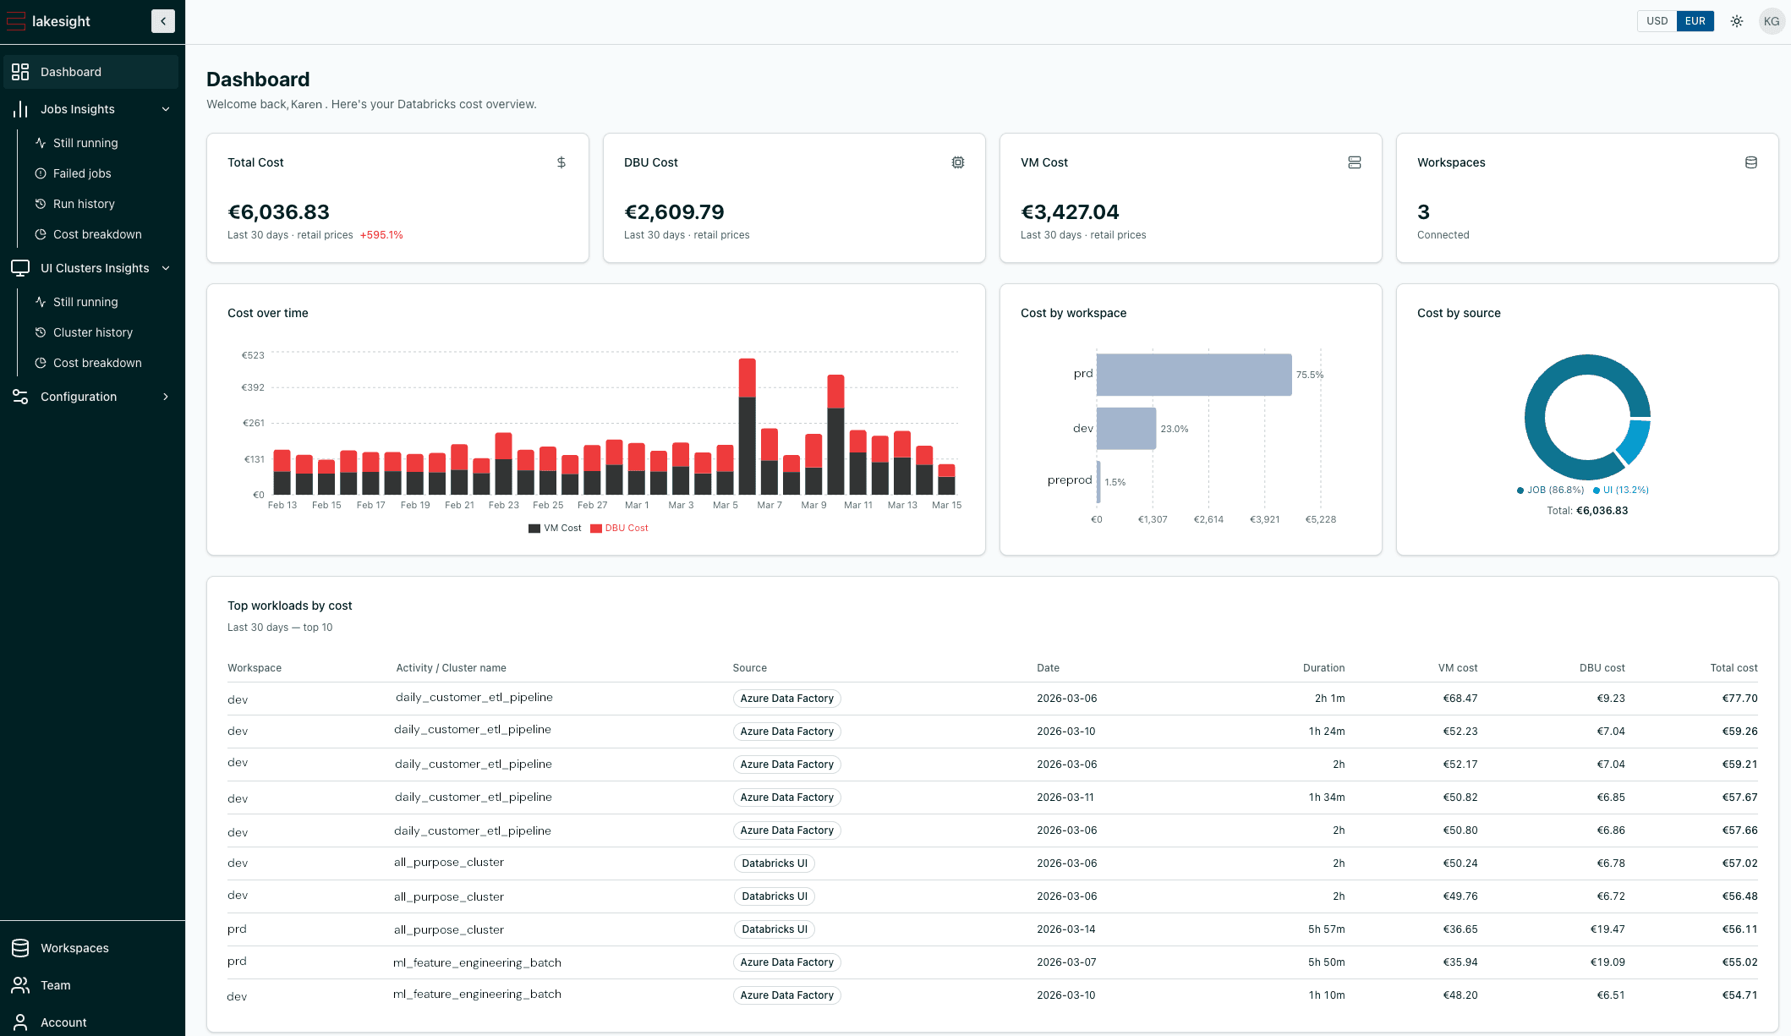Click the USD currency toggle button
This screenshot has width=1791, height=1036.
click(1657, 21)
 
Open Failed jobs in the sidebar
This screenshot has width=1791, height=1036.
click(82, 173)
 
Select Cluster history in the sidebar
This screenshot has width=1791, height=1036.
click(92, 332)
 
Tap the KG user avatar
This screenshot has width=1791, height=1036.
click(1772, 21)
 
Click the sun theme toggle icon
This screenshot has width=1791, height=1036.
click(1737, 21)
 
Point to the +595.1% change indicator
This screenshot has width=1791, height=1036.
click(381, 235)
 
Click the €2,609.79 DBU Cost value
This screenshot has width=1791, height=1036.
click(674, 212)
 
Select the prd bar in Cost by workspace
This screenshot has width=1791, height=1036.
click(1193, 375)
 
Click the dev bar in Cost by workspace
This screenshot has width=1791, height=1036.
click(1126, 429)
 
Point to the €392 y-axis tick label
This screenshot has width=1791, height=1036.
click(253, 387)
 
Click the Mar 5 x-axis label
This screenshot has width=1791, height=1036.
click(726, 506)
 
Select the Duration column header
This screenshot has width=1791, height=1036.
click(1323, 668)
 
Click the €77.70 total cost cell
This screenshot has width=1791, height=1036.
click(1739, 699)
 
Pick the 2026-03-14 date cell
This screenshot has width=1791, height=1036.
click(1065, 929)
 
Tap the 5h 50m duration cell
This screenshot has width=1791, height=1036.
click(1326, 962)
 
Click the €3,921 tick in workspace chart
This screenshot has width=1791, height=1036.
click(1264, 519)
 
